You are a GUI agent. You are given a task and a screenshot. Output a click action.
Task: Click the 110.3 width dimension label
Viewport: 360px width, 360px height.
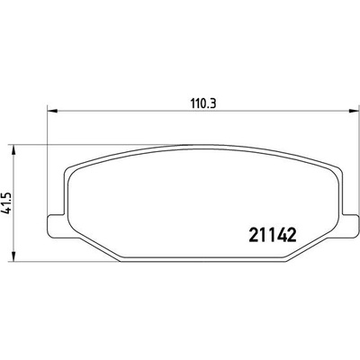click(x=203, y=103)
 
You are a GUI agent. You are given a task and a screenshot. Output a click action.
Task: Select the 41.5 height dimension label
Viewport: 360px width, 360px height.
click(x=6, y=203)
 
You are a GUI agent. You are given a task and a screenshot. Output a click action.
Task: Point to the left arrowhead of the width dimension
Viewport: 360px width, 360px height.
click(x=53, y=112)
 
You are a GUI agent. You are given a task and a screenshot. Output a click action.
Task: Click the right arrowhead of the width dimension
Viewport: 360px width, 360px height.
click(x=355, y=112)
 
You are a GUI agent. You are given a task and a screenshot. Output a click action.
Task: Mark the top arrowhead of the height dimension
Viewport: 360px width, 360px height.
click(x=13, y=150)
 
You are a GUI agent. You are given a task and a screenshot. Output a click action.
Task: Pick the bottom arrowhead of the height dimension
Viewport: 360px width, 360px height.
click(x=13, y=256)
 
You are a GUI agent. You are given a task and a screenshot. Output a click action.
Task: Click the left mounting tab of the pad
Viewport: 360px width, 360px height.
click(x=57, y=226)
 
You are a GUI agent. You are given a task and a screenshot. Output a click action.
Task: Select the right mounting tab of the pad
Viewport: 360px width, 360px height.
click(x=350, y=226)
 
